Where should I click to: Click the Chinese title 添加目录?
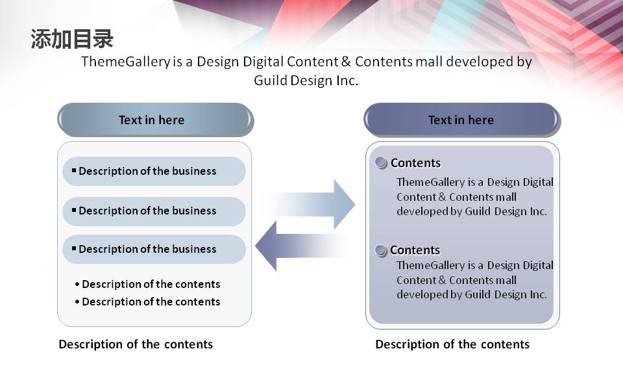72,39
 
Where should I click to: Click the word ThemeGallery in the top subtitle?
126,62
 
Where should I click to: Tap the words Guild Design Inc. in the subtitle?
306,81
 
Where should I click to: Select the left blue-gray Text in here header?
155,120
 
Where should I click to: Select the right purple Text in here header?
461,120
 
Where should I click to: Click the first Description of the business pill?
154,171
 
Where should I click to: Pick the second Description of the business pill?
154,211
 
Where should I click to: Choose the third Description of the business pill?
154,249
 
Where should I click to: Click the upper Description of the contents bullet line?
147,284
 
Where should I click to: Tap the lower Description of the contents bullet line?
147,302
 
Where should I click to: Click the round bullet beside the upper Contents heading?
381,162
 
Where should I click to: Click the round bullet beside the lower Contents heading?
381,250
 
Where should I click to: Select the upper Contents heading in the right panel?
415,162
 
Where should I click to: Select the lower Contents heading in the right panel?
415,250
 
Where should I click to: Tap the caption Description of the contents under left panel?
136,344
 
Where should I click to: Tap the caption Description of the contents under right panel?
452,344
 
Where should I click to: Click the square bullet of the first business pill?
74,170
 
